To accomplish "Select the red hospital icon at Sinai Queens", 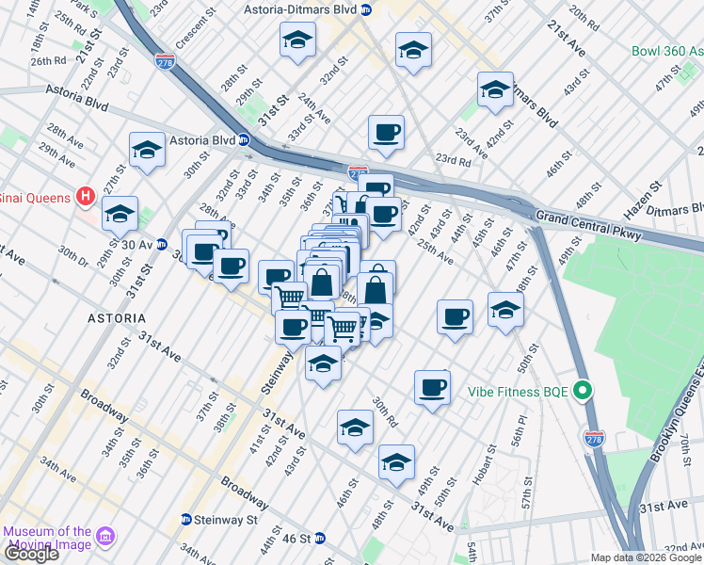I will tap(86, 197).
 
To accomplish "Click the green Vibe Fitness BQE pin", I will tap(584, 390).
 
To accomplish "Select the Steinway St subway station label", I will tap(226, 519).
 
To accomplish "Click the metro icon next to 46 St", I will tap(319, 539).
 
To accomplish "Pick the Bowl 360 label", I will tap(666, 51).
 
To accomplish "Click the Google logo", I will tap(30, 554).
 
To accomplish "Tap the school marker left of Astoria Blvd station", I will tap(147, 150).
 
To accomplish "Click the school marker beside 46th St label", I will tap(505, 309).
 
